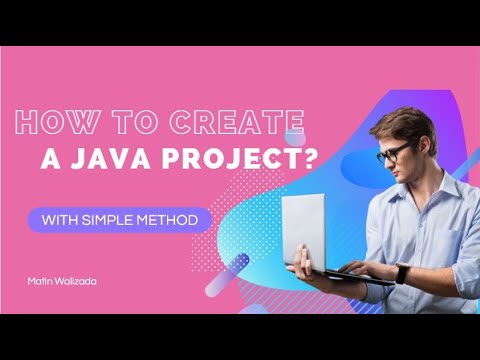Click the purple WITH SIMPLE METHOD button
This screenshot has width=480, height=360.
coord(120,219)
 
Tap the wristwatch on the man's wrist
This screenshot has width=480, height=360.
coord(402,272)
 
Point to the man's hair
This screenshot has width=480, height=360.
coord(395,122)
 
